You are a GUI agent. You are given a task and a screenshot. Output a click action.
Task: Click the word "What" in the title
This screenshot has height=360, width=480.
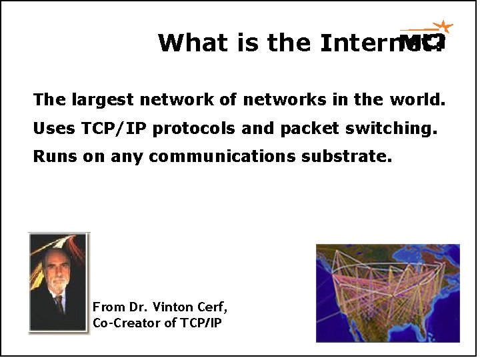[x=184, y=43]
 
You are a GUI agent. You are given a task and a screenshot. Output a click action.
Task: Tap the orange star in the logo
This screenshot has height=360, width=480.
[x=443, y=27]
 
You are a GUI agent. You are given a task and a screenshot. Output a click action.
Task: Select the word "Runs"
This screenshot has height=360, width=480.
[x=55, y=157]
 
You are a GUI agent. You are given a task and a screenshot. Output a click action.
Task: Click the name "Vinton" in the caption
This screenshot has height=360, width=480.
[x=173, y=307]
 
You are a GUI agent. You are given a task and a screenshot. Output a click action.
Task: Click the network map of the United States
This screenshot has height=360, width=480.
[x=387, y=293]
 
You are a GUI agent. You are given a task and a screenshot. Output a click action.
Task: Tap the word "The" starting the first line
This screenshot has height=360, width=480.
[x=49, y=100]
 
